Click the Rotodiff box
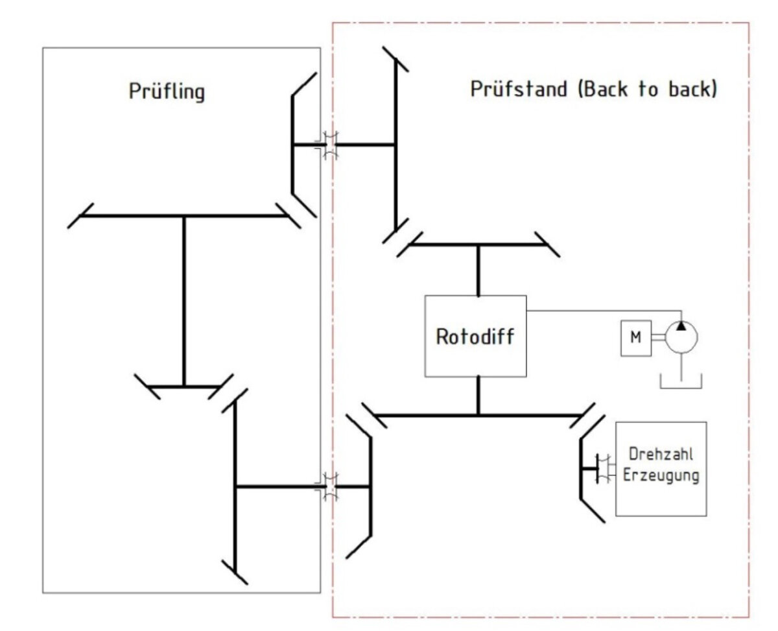tap(475, 336)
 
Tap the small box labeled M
tap(635, 337)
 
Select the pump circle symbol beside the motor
tap(681, 337)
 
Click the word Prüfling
tap(166, 91)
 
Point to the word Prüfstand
tap(518, 89)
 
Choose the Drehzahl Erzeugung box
tap(660, 468)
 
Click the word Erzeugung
tap(661, 476)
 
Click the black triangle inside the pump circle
tap(681, 324)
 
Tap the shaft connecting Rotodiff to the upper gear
tap(478, 270)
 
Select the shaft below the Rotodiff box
tap(478, 395)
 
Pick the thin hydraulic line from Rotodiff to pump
tap(603, 310)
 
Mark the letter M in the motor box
tap(635, 337)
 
